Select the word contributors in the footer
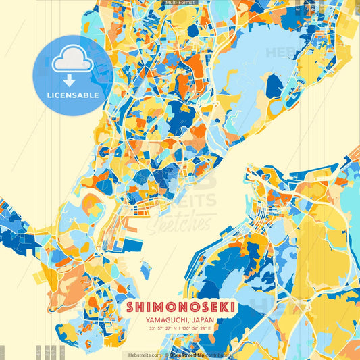click(x=217, y=355)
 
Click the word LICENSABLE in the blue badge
click(x=72, y=95)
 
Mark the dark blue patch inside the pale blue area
click(x=274, y=86)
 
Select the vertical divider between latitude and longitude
click(x=181, y=329)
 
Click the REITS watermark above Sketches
click(x=192, y=201)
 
